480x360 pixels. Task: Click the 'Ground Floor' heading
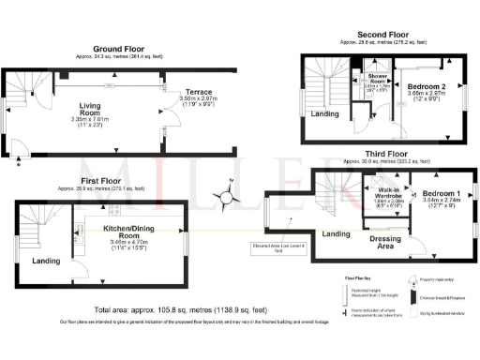118,48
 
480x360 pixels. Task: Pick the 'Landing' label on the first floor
41,262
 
